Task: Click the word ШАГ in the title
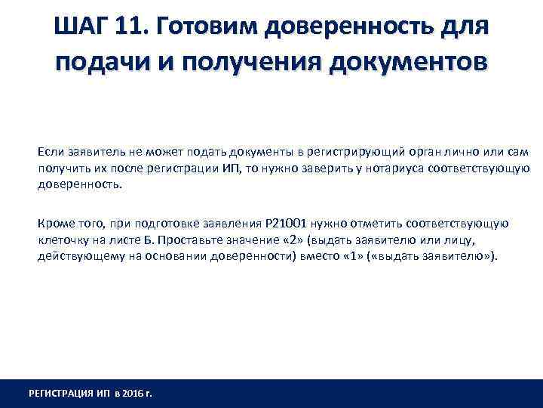[x=81, y=28]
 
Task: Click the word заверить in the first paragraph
[x=318, y=168]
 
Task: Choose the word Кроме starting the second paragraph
[x=54, y=224]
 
